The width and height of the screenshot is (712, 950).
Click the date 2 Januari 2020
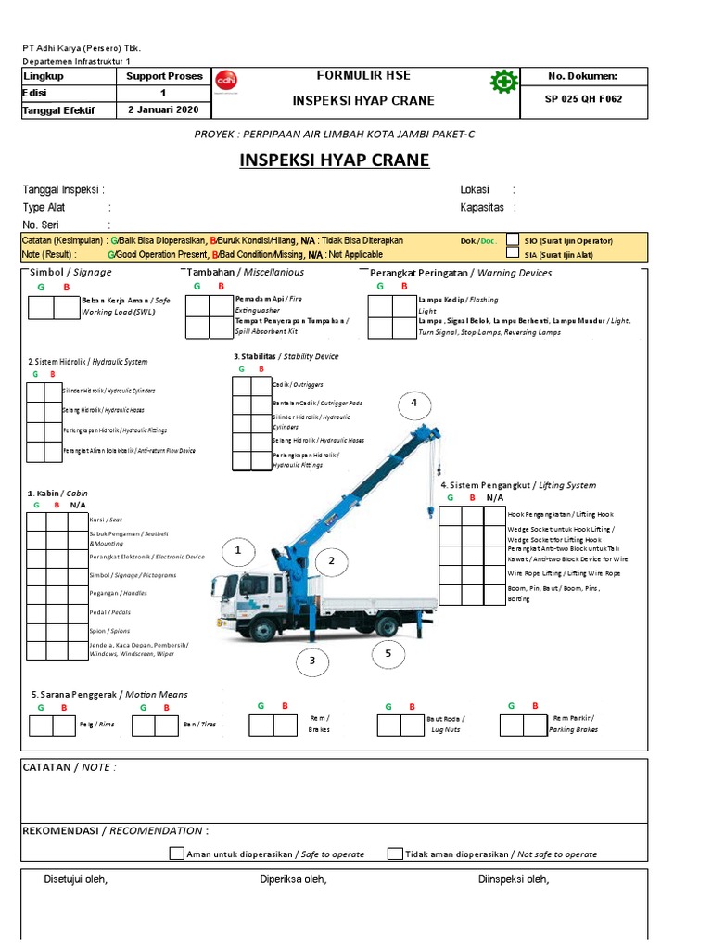[163, 110]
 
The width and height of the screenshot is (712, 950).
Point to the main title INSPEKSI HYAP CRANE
[335, 160]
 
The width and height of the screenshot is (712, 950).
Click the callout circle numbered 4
[414, 404]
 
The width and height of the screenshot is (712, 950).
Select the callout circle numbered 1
[238, 551]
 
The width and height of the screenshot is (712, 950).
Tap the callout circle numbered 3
[313, 661]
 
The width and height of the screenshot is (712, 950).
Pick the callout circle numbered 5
[388, 654]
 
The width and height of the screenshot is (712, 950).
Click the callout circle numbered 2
[331, 561]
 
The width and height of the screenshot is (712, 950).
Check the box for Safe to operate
[176, 854]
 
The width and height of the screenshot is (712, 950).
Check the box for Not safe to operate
[395, 854]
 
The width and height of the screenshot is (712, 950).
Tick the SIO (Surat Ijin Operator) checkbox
[513, 239]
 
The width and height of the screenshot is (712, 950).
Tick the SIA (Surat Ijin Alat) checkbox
[513, 253]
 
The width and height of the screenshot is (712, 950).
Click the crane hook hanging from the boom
[429, 510]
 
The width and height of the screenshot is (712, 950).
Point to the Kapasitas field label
[482, 208]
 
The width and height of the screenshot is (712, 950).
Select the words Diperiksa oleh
[293, 879]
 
